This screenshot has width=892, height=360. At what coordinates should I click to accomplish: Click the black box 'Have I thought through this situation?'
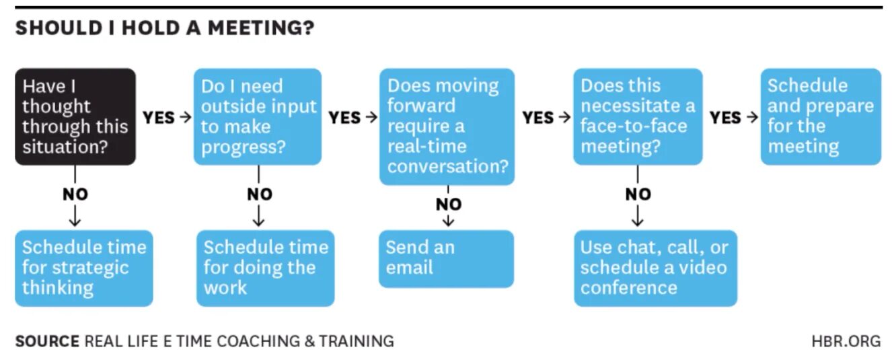(x=75, y=116)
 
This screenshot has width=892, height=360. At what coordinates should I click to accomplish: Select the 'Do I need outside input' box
(x=258, y=116)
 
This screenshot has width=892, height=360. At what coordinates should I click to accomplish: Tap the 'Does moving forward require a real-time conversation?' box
(x=447, y=126)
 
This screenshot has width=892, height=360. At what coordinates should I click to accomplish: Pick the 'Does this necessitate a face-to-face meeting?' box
(x=637, y=116)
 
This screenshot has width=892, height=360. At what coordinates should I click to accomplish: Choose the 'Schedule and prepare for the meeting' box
(x=820, y=116)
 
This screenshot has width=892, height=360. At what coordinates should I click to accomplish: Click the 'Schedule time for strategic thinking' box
(x=84, y=268)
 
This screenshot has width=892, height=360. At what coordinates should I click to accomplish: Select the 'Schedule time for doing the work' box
(x=265, y=268)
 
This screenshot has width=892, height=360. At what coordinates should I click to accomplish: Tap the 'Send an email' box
(x=446, y=258)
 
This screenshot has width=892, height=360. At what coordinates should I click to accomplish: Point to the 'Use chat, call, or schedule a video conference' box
(x=655, y=268)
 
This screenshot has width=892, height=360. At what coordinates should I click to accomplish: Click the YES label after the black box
(x=158, y=118)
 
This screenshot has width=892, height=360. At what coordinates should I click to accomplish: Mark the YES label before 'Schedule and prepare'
(x=725, y=118)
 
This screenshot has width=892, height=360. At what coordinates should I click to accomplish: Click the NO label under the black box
(x=75, y=194)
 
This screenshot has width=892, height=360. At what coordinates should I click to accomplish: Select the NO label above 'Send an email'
(x=449, y=204)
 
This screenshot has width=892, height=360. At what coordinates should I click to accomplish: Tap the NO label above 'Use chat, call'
(x=638, y=194)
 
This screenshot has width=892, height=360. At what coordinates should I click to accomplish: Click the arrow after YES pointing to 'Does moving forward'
(x=371, y=118)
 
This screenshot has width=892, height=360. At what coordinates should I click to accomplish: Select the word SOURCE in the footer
(x=46, y=341)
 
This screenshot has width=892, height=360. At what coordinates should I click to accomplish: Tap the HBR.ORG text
(x=846, y=341)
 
